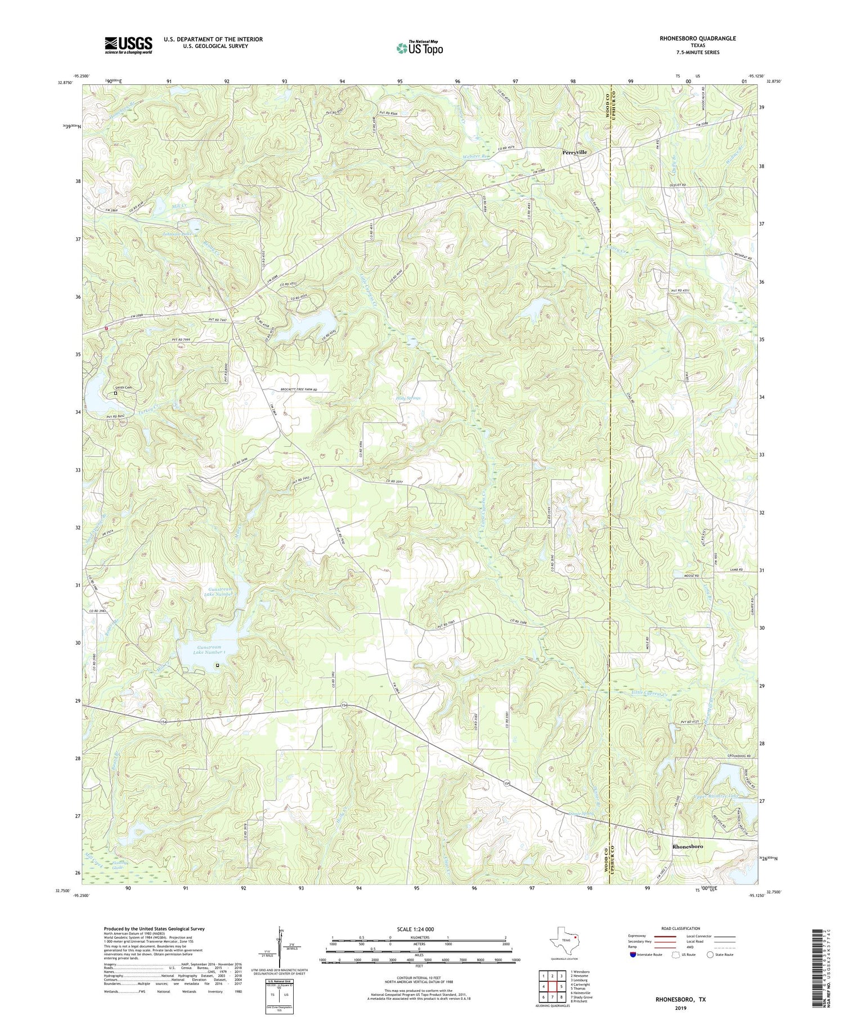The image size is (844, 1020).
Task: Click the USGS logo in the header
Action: [128, 45]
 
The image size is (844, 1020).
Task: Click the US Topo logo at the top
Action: [419, 48]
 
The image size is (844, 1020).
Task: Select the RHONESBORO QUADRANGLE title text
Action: [698, 38]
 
